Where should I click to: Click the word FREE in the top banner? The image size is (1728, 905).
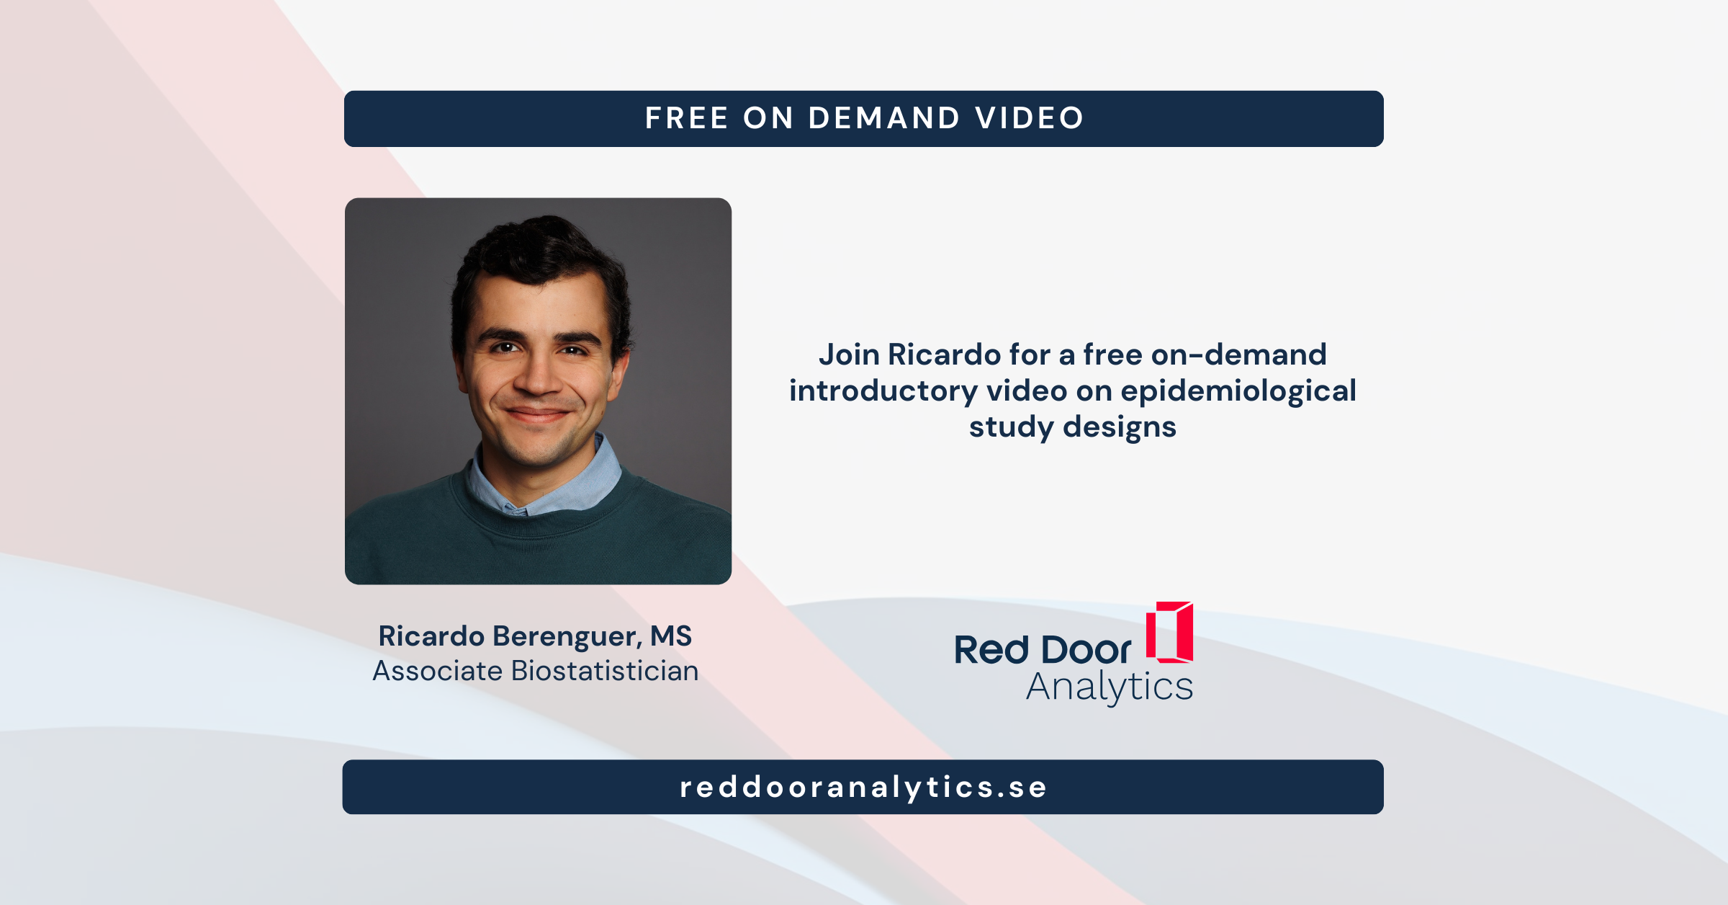tap(686, 118)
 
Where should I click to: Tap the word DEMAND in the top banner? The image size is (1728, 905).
tap(884, 118)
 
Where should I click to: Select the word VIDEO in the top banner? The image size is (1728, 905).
tap(1030, 118)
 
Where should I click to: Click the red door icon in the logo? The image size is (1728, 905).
tap(1169, 632)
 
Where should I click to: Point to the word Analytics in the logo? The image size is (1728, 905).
tap(1110, 687)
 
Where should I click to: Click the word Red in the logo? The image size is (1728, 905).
tap(991, 650)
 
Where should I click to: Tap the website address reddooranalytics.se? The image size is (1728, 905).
tap(863, 787)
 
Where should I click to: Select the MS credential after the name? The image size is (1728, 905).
tap(670, 636)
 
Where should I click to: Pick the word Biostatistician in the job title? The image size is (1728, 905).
tap(605, 672)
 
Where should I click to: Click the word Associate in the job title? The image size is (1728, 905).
tap(438, 672)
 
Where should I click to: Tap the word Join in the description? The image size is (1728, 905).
tap(849, 355)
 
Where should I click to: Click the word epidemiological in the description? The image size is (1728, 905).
tap(1238, 391)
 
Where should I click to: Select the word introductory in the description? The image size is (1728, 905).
tap(883, 391)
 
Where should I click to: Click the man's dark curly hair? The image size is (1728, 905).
tap(540, 249)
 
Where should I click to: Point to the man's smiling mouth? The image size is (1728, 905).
tap(536, 414)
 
